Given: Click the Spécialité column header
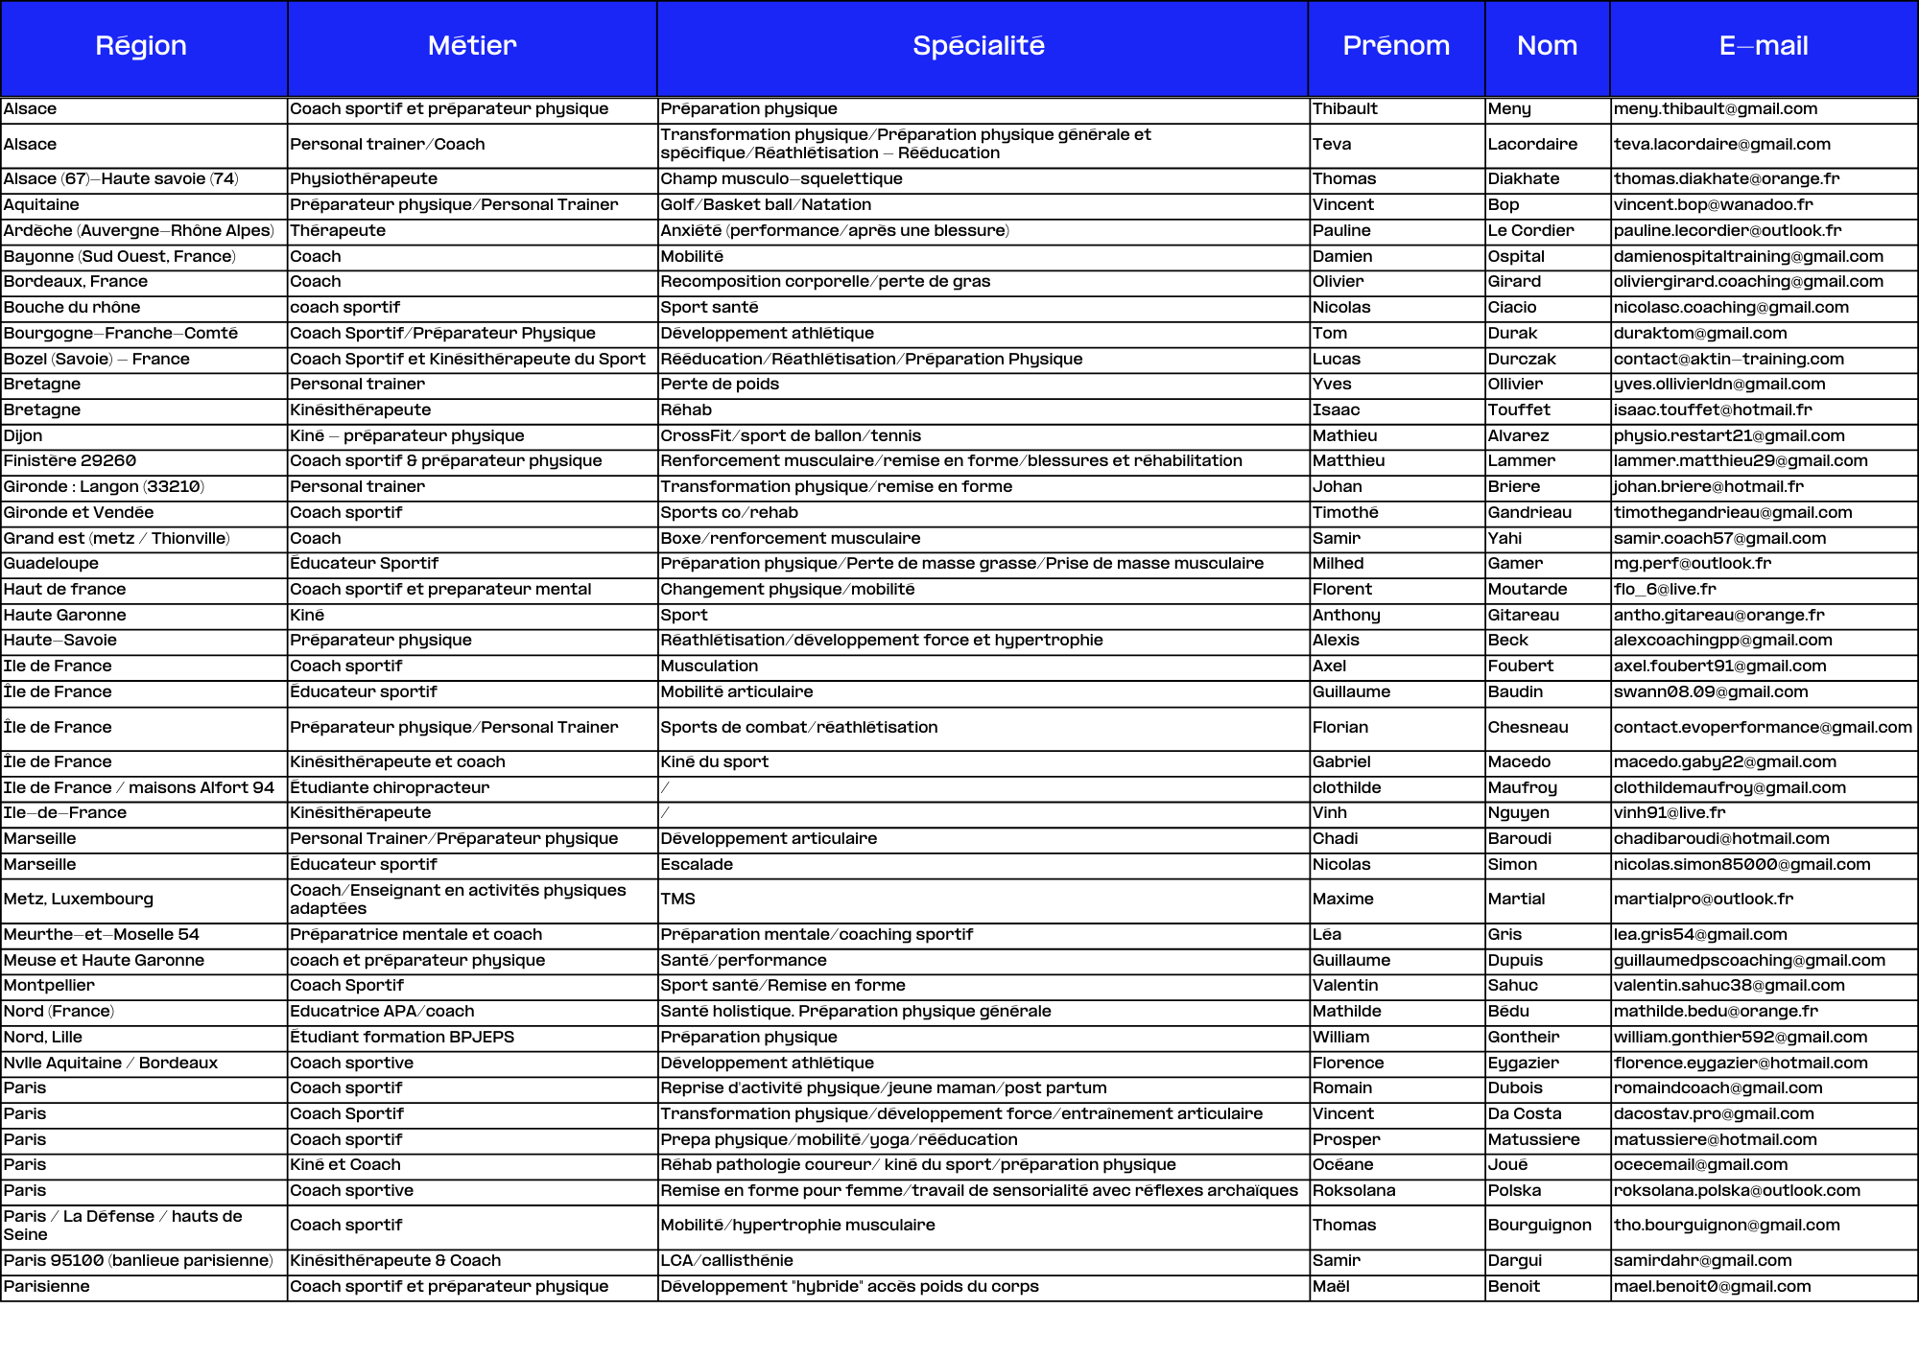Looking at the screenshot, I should pyautogui.click(x=979, y=46).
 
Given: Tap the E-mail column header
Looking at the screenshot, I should pyautogui.click(x=1763, y=46).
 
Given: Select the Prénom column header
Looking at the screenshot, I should pyautogui.click(x=1395, y=46).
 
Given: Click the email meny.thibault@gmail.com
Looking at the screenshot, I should pyautogui.click(x=1715, y=109).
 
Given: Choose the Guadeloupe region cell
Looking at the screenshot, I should pyautogui.click(x=51, y=564).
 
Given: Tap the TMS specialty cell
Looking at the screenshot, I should pyautogui.click(x=677, y=900).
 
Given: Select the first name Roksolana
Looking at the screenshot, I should pyautogui.click(x=1353, y=1191).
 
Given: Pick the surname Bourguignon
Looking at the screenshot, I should pyautogui.click(x=1538, y=1226).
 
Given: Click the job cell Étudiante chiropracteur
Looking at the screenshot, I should pyautogui.click(x=390, y=788).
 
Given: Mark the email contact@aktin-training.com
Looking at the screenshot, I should pyautogui.click(x=1728, y=360).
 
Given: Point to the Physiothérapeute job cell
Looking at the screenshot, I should pyautogui.click(x=364, y=179).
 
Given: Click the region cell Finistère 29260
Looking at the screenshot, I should pyautogui.click(x=70, y=461).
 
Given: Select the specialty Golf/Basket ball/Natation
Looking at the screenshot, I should pyautogui.click(x=766, y=205).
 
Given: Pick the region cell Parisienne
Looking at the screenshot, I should pyautogui.click(x=46, y=1287).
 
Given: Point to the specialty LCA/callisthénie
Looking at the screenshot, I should pyautogui.click(x=726, y=1261).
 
